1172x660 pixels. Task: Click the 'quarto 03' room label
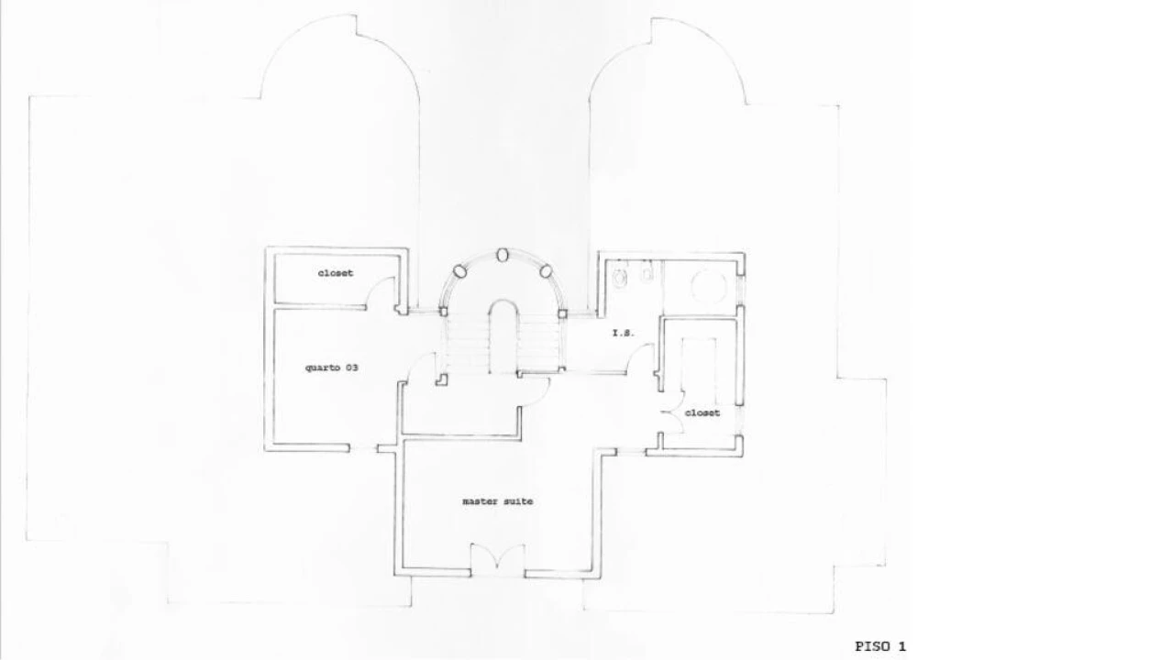tap(332, 368)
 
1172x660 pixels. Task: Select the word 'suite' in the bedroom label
tap(519, 501)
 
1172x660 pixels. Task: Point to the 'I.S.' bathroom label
tap(623, 333)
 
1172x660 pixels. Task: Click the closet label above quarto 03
tap(336, 273)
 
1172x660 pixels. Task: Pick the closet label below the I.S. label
tap(702, 412)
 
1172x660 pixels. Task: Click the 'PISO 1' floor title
tap(880, 646)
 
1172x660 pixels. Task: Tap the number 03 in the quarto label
tap(351, 368)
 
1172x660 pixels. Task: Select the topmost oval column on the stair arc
tap(503, 255)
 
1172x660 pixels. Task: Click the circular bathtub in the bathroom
tap(709, 286)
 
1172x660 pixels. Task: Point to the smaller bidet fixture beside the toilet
tap(647, 273)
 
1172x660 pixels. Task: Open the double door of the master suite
tap(498, 557)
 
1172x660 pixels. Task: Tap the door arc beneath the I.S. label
tap(638, 353)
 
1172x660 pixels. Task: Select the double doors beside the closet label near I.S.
tap(673, 412)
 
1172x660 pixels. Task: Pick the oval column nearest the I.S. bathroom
tap(546, 271)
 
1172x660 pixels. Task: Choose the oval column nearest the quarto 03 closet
tap(460, 271)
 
